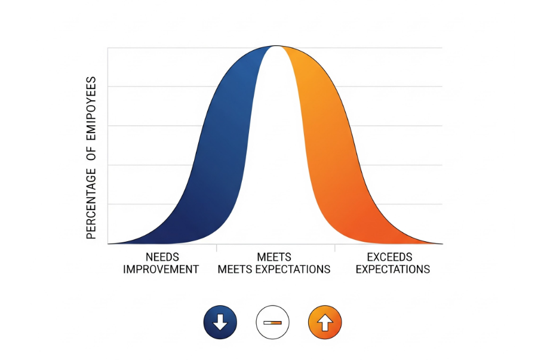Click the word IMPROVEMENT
[x=161, y=269]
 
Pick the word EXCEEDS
[x=390, y=257]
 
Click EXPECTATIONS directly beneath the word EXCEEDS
[x=393, y=269]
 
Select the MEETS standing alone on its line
[x=274, y=257]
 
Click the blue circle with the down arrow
[x=220, y=323]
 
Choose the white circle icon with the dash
[x=272, y=323]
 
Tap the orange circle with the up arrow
[x=324, y=323]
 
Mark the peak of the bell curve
[x=275, y=47]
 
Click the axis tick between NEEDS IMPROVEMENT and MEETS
[x=216, y=246]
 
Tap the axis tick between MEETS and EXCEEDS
[x=335, y=246]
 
